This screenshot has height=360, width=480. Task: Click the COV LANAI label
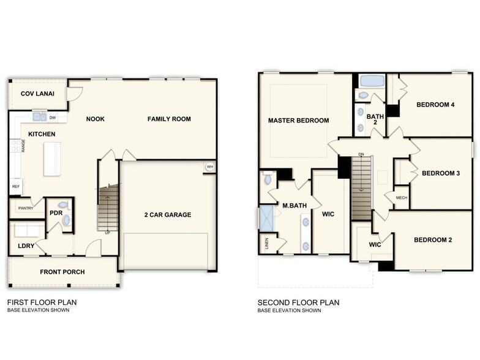35,94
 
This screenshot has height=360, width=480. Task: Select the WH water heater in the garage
209,167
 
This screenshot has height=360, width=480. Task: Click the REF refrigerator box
15,186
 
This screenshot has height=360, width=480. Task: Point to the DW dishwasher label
53,118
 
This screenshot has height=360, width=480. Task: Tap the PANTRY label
25,208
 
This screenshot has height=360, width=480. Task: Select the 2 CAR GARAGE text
168,215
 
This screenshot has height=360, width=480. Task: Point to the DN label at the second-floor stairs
361,154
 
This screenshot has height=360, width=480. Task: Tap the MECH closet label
402,198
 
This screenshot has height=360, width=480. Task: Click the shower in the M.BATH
267,217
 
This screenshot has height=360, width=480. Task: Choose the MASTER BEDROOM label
299,121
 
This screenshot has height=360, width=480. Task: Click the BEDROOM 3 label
441,173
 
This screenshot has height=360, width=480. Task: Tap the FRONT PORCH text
62,272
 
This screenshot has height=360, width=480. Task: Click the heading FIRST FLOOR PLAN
42,302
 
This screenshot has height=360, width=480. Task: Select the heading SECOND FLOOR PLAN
298,302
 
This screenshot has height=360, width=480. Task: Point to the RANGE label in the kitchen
23,145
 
